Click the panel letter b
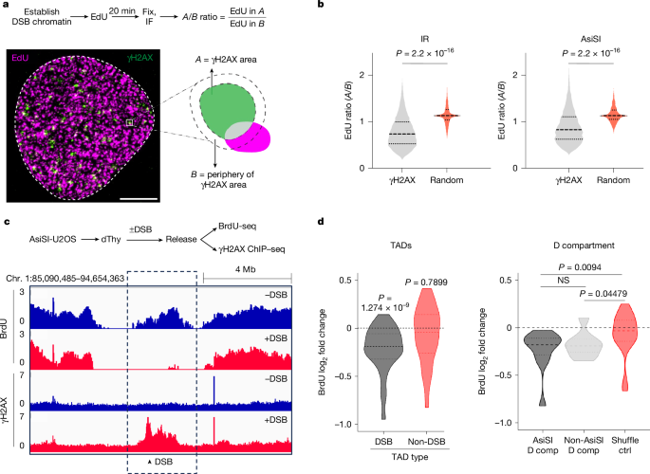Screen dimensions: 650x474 [321, 5]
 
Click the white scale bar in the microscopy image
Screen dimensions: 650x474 [139, 199]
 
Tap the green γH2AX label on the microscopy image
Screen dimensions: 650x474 [139, 58]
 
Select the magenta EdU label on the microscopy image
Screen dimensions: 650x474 [20, 58]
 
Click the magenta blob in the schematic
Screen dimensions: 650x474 [250, 137]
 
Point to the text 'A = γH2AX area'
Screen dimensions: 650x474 [226, 60]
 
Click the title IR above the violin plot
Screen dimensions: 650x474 [424, 39]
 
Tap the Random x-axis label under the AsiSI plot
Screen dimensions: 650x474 [613, 180]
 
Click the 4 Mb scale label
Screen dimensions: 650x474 [246, 269]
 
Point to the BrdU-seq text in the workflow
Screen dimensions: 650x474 [237, 227]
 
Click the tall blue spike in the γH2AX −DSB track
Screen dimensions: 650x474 [214, 389]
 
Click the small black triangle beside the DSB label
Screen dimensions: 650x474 [150, 462]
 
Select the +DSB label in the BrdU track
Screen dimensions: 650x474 [276, 338]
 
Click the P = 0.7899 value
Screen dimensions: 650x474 [426, 283]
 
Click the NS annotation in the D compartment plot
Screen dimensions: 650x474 [564, 281]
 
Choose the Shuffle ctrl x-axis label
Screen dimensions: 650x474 [625, 445]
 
